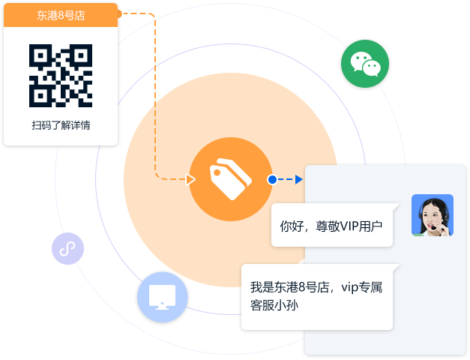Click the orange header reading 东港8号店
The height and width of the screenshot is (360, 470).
pos(61,15)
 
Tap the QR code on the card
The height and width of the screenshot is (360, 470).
pos(61,76)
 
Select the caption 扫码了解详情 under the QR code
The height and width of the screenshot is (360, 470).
pos(61,125)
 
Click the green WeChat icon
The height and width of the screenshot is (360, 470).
pos(365,64)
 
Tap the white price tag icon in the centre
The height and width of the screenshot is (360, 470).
pos(231,179)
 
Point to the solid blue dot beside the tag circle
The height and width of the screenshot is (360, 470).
pos(272,179)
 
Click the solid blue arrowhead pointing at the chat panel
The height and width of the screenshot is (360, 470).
pos(299,179)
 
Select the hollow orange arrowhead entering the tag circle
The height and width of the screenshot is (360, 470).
pos(190,179)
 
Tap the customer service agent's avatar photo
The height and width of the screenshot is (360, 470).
pos(433,215)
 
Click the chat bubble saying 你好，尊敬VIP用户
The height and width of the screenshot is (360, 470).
pos(332,225)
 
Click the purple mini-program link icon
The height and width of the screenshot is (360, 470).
pos(67,249)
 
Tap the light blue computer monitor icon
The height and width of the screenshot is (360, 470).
pos(163,297)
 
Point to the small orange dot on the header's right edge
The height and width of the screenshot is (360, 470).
pos(119,13)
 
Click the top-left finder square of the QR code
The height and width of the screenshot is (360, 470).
pos(40,55)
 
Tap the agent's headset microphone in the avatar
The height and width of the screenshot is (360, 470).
pos(433,228)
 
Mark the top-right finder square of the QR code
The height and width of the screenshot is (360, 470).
pos(81,55)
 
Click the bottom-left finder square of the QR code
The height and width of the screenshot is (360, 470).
pos(40,96)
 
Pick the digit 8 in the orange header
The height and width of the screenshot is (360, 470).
pos(61,15)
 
